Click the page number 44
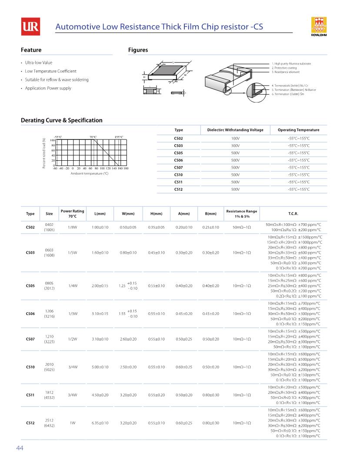(x=20, y=448)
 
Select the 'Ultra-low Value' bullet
(x=38, y=63)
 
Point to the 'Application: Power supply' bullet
(x=48, y=88)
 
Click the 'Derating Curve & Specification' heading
(x=62, y=120)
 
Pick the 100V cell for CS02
(x=235, y=138)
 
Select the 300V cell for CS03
(x=235, y=146)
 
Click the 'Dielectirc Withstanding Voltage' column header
(x=235, y=130)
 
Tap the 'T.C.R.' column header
(x=293, y=214)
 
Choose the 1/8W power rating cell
(x=73, y=227)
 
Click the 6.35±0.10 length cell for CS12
(x=100, y=423)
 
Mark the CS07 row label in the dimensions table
(x=30, y=339)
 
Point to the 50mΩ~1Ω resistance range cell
(x=241, y=227)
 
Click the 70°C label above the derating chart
(x=93, y=137)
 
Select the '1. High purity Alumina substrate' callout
(x=291, y=64)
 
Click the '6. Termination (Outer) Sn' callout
(x=287, y=94)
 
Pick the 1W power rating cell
(x=73, y=423)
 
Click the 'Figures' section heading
(x=138, y=50)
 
